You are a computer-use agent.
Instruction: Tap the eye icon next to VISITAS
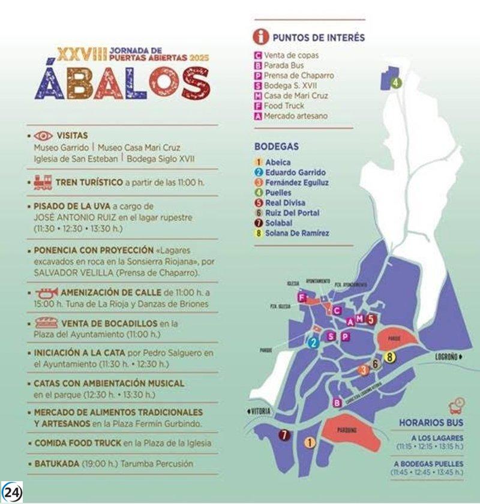pos(43,136)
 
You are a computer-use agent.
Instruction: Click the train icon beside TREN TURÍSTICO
pos(43,182)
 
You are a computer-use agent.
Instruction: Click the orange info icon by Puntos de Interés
pos(260,37)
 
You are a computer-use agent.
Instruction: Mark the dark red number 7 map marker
pos(283,436)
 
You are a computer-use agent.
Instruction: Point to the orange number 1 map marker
pos(310,443)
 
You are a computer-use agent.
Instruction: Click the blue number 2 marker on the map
pos(313,343)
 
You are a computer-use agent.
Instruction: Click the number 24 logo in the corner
pos(13,491)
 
